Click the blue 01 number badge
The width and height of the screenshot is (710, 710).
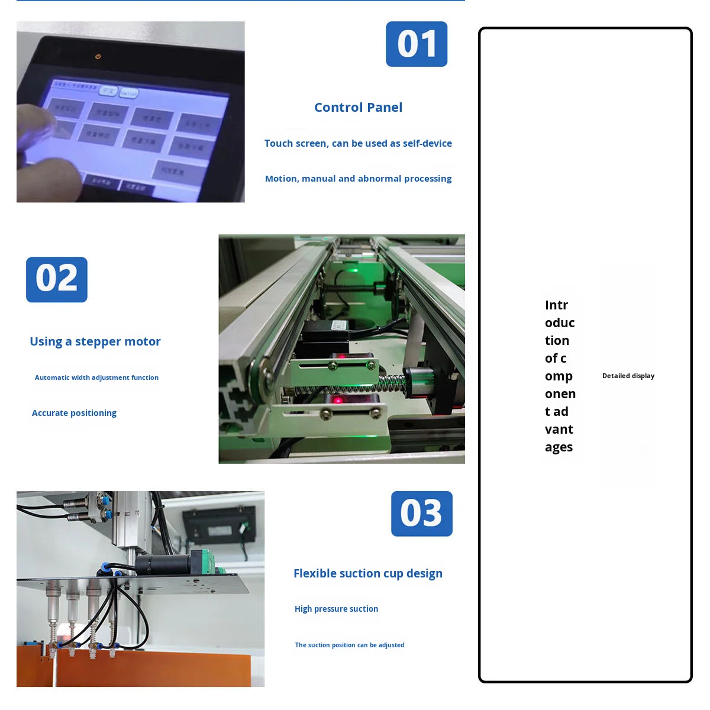[417, 44]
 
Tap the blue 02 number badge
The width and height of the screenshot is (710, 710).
[57, 279]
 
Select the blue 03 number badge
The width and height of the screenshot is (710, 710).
[421, 514]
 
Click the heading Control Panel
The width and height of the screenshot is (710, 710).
[358, 108]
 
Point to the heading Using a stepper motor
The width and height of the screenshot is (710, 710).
[95, 341]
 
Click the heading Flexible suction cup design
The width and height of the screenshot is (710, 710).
[367, 573]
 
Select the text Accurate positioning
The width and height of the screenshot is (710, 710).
[74, 413]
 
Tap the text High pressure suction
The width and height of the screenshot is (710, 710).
[336, 609]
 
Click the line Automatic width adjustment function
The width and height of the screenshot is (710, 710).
[96, 377]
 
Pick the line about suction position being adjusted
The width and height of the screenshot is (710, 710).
[350, 645]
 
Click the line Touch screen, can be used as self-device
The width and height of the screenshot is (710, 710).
[358, 143]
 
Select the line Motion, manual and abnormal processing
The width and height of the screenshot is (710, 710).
[358, 179]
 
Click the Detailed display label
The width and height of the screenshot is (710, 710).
[628, 376]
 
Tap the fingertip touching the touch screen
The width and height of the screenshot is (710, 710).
[41, 121]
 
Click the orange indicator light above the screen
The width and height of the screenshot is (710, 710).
[98, 56]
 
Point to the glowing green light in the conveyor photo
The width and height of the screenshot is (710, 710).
[353, 271]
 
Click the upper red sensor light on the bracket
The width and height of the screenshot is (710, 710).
[341, 356]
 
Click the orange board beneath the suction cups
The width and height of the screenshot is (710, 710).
[148, 669]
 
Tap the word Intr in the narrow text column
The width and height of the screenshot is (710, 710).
[556, 305]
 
